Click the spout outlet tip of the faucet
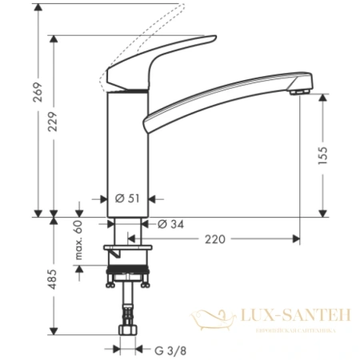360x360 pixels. (x=302, y=94)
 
